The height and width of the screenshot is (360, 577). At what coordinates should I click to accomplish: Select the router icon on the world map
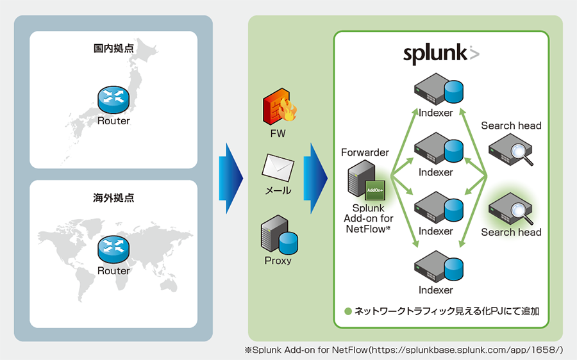[x=113, y=248]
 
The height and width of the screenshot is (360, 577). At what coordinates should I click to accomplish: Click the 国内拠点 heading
[x=113, y=48]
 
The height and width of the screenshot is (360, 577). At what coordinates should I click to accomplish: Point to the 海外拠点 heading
[x=113, y=197]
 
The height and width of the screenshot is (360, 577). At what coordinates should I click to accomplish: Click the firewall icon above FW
[x=278, y=108]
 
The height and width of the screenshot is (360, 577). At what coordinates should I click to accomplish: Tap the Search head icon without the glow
[x=511, y=151]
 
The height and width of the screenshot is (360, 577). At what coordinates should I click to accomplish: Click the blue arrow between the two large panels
[x=231, y=177]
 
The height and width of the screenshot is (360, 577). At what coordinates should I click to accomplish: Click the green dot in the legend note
[x=348, y=312]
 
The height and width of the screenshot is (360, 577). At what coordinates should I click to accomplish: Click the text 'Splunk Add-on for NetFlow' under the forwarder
[x=368, y=218]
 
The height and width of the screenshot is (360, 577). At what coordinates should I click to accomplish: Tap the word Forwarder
[x=365, y=152]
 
